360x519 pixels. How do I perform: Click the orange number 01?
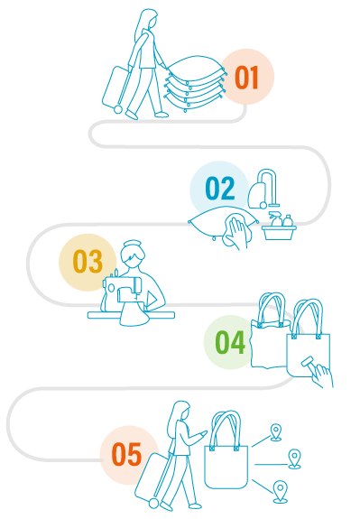(246, 77)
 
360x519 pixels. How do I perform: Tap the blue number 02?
(220, 188)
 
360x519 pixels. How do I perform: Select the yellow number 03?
(88, 261)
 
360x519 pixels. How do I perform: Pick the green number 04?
(230, 342)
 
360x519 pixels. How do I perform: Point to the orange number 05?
(126, 454)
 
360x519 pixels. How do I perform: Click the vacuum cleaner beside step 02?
(263, 190)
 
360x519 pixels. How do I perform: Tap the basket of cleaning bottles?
(279, 227)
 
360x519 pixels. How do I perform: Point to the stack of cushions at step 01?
(196, 83)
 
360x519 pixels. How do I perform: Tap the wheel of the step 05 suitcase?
(153, 503)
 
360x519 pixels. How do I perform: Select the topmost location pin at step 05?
(275, 432)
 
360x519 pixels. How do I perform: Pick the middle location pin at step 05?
(294, 459)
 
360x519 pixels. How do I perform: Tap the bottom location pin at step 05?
(281, 492)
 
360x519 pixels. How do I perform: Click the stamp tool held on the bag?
(308, 362)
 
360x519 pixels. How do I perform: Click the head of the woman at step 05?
(181, 412)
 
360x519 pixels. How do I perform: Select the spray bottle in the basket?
(275, 219)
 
